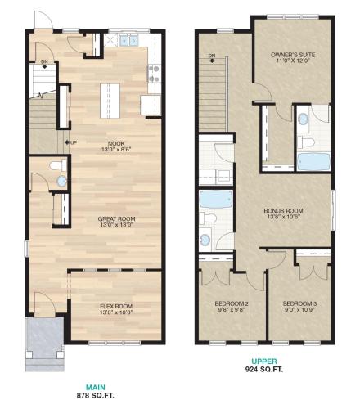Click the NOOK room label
coord(116,143)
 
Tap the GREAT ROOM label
coord(117,219)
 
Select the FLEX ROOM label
coord(116,306)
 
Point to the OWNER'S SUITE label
coord(293,55)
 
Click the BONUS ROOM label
coord(283,211)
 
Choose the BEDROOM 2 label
coord(232,303)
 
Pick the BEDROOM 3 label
coord(299,303)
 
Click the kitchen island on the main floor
coord(110,101)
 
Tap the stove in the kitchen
coord(155,74)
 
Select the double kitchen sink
coord(128,40)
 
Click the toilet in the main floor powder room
coord(58,165)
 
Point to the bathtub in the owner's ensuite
coord(313,162)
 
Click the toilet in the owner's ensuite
coord(306,142)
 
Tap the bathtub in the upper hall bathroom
coord(216,200)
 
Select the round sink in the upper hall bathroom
coord(205,240)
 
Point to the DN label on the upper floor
coord(212,56)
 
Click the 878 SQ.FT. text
coord(96,395)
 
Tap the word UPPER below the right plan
coord(264,362)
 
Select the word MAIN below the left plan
coord(96,387)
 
